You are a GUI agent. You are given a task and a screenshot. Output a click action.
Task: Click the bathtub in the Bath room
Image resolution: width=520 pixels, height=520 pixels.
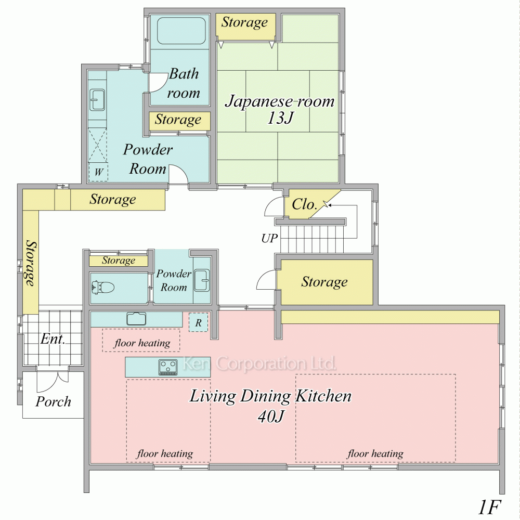coord(181,31)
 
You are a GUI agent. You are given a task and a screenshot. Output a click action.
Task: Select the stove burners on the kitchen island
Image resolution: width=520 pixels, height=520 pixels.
coord(168,368)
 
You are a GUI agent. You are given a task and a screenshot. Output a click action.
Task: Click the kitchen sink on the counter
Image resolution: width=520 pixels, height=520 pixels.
coord(136,319)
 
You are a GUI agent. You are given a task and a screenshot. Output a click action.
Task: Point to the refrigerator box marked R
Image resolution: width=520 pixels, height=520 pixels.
coord(198,322)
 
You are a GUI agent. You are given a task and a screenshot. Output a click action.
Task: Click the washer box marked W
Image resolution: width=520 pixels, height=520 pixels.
coord(98,172)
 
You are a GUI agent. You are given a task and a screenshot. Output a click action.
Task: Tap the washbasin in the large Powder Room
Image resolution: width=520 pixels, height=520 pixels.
coord(98,99)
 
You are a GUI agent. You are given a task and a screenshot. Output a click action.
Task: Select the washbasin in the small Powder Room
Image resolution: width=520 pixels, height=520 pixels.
coord(202,280)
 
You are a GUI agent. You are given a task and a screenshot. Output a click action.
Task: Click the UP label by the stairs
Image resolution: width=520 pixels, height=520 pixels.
coord(269,238)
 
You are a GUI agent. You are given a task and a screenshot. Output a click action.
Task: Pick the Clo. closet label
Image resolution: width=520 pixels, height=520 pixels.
coord(304,204)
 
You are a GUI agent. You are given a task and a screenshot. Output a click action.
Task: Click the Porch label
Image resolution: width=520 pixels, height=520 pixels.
coord(53,401)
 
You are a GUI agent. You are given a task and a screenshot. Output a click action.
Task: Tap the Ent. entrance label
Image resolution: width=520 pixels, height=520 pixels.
coord(53,339)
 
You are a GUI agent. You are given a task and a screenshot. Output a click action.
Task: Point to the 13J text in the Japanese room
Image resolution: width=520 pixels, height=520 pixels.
coord(280,118)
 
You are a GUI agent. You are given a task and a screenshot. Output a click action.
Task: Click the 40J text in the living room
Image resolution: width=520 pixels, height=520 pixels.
coord(270,416)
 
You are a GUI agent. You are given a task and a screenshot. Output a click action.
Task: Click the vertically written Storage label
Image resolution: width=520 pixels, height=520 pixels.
coord(31,263)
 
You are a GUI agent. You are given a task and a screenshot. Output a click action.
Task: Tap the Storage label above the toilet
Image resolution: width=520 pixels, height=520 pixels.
coord(119,261)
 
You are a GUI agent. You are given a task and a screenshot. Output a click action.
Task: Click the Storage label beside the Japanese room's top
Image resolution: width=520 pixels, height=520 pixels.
coord(244,22)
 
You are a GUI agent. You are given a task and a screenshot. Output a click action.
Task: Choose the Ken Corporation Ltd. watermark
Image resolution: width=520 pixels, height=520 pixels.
coord(259,363)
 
